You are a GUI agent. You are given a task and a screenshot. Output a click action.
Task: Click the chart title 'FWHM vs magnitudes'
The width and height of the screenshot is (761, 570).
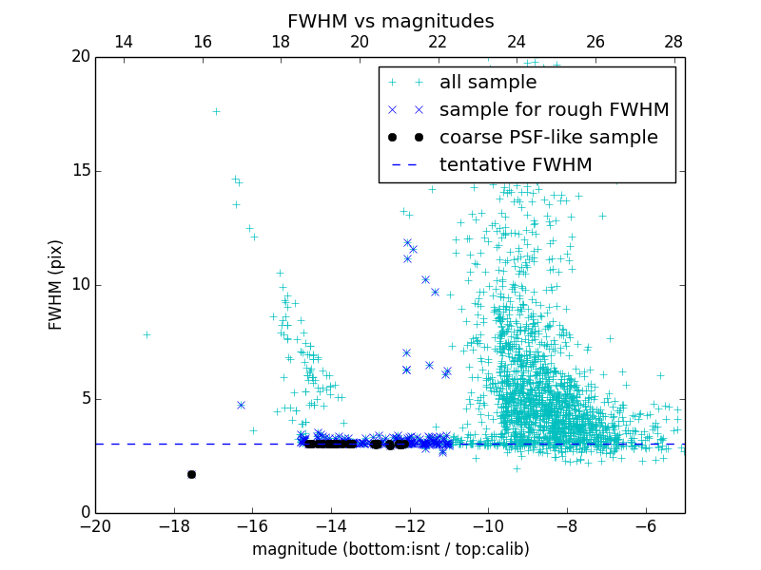pos(390,21)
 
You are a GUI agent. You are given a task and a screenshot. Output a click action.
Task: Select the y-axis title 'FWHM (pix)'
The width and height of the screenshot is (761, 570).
pos(55,285)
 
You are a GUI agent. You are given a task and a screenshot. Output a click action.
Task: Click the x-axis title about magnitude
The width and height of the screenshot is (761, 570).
pos(390,549)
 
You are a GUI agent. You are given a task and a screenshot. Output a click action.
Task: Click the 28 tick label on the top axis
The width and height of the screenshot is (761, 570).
pos(673,42)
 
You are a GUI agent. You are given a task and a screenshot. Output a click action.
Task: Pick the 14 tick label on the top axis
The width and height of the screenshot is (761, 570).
pos(123,42)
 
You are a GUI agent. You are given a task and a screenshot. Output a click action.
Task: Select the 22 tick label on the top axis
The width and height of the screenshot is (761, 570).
pos(438,42)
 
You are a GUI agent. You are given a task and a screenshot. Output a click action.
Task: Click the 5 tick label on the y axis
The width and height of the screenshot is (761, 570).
pos(84,399)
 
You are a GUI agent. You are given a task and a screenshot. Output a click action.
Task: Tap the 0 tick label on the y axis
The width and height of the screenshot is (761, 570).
pos(84,513)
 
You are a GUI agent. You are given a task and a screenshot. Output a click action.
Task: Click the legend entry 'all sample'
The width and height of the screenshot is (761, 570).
pos(488,83)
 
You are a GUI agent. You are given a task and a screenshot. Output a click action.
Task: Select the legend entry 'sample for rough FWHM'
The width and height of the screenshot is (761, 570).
pos(554,110)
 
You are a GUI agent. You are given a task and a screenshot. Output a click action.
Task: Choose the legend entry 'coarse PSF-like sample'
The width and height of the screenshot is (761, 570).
pos(548,138)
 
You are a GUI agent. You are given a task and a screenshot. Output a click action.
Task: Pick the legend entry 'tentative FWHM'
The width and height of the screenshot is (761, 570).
pos(516,165)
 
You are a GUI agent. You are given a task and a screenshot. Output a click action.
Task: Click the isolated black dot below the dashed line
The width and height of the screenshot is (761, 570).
pos(191,474)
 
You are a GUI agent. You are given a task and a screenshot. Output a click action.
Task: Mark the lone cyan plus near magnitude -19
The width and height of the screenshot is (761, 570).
pos(146,334)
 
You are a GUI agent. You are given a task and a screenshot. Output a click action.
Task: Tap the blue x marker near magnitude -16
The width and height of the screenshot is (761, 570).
pos(241,405)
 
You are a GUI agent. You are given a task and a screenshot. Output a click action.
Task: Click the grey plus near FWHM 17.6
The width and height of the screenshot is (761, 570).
pos(216,111)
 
